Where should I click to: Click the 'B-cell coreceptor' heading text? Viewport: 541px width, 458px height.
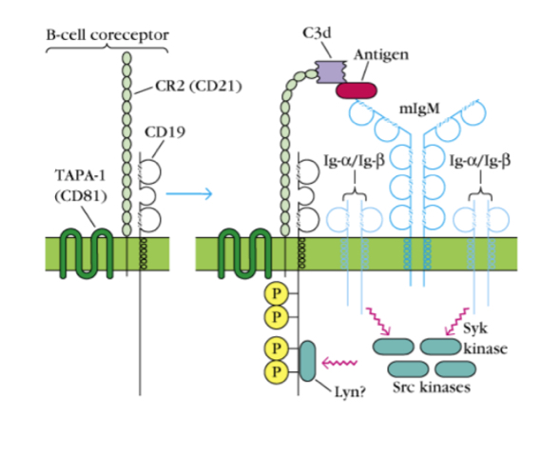pos(107,35)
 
